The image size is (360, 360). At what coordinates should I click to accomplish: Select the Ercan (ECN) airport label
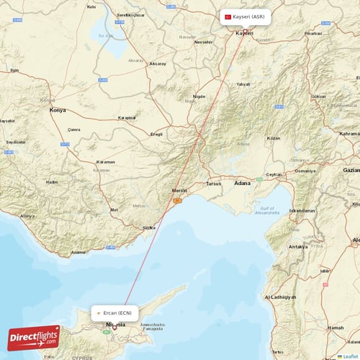(115, 313)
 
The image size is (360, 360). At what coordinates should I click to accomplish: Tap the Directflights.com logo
(34, 337)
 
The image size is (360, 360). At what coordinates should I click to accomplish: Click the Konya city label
(57, 110)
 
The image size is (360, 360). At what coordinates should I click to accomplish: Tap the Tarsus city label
(214, 183)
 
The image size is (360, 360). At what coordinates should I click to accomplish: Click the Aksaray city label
(157, 64)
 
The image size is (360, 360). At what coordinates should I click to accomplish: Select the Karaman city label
(105, 162)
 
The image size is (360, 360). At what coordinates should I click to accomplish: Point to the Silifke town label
(149, 227)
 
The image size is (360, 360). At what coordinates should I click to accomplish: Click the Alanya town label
(27, 216)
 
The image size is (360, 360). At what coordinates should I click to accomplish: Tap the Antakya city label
(297, 246)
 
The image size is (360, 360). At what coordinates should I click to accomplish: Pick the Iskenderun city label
(302, 210)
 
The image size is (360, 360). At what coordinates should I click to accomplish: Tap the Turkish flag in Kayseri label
(228, 17)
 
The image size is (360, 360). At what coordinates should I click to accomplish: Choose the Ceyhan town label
(274, 174)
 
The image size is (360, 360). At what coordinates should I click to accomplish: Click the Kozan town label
(273, 138)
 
